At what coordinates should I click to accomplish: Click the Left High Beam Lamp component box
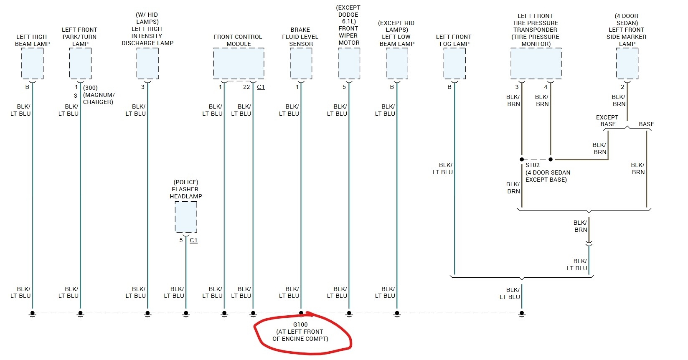click(32, 63)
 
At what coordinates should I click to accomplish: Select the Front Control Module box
click(239, 63)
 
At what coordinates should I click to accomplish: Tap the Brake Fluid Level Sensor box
click(301, 63)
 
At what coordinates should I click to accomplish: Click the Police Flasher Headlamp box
click(186, 217)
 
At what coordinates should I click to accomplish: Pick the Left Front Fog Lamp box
click(454, 63)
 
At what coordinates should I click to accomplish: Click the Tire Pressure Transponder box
click(536, 63)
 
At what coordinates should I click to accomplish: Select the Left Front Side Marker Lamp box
click(627, 63)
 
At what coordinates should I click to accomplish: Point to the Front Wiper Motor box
click(349, 63)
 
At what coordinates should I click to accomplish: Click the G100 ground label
click(300, 325)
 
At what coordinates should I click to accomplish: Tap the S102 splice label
click(533, 165)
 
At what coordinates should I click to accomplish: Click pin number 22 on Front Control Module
click(246, 87)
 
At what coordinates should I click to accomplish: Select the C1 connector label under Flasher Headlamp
click(193, 240)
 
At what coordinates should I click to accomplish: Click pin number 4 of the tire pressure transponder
click(546, 87)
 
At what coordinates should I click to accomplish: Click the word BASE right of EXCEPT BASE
click(646, 124)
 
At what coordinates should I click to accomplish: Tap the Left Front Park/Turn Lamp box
click(80, 63)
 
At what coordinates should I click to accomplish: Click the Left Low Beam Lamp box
click(397, 63)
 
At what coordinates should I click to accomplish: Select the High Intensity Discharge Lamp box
click(147, 63)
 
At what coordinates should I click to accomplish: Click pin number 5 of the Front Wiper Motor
click(344, 87)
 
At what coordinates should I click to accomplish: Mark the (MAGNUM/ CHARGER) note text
click(98, 99)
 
